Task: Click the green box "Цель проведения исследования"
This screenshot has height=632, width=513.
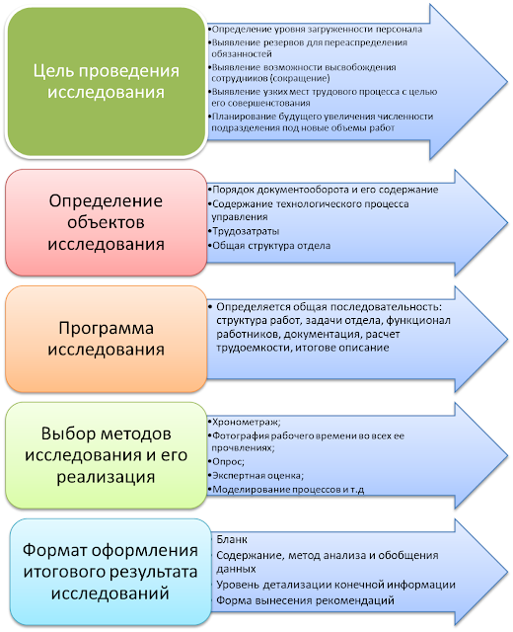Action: pos(107,81)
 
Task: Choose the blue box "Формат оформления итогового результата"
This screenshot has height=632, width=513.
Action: pos(107,571)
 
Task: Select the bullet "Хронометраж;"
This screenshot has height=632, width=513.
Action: pos(246,420)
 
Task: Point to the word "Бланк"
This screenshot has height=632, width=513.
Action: pos(232,540)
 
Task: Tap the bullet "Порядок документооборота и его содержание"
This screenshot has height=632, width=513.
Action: pos(311,189)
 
